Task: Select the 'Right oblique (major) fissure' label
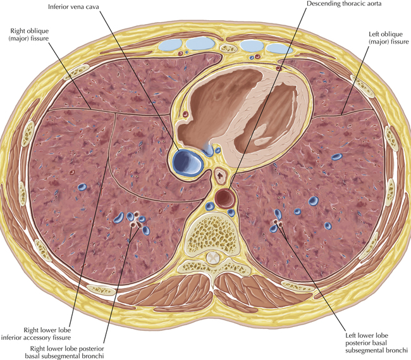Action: (x=33, y=35)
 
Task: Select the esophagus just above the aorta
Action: (x=221, y=174)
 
